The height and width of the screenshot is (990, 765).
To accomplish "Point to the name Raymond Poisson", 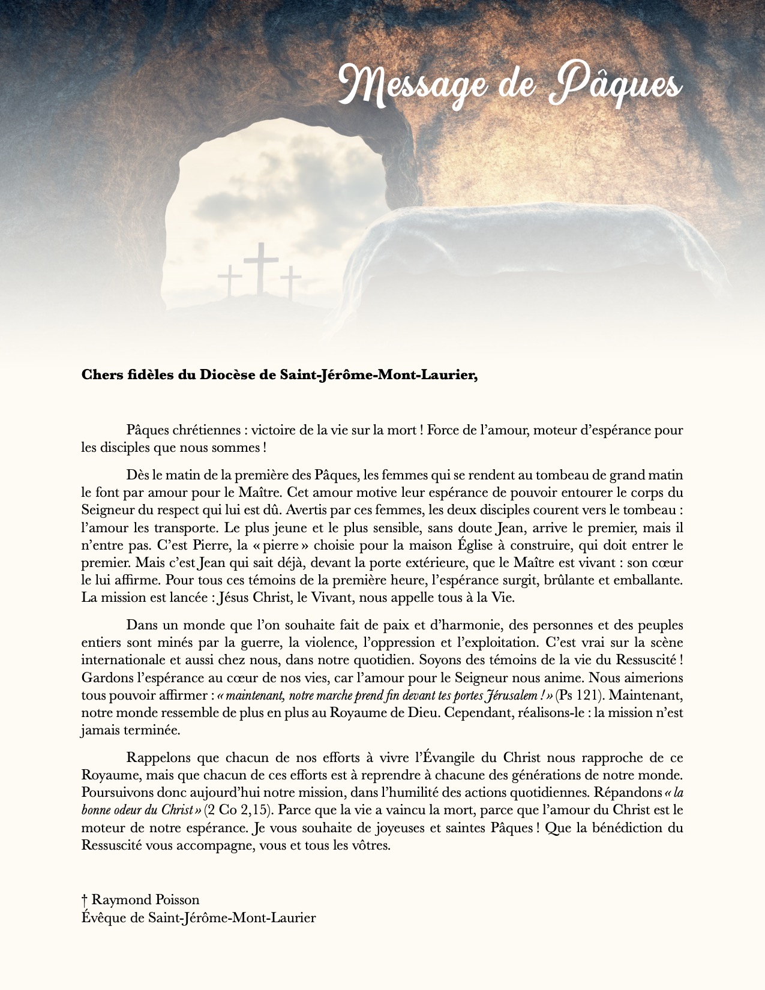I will pyautogui.click(x=145, y=900).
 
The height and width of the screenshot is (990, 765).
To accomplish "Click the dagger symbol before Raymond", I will pyautogui.click(x=85, y=900).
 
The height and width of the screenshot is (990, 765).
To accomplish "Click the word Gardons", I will pyautogui.click(x=104, y=678).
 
